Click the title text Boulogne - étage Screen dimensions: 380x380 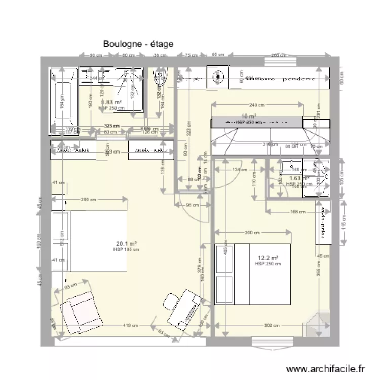(x=138, y=44)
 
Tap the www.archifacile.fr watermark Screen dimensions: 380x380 (x=326, y=369)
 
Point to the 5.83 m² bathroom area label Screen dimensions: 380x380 (x=111, y=102)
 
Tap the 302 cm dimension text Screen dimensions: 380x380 (x=272, y=326)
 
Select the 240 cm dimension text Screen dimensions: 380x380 (x=257, y=105)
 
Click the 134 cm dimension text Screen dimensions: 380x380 (x=240, y=170)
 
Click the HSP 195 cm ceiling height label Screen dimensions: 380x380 (x=127, y=249)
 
